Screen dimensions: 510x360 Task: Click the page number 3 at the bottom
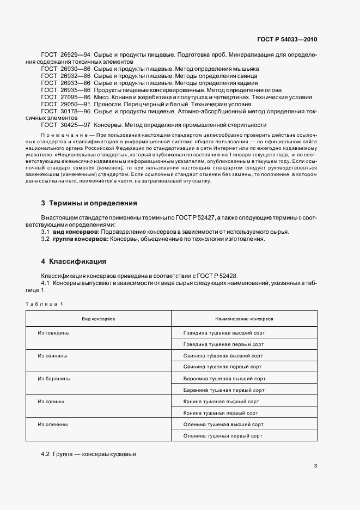click(x=315, y=465)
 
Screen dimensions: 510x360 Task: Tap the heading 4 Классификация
click(x=74, y=261)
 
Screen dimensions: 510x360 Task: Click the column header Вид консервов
click(x=98, y=318)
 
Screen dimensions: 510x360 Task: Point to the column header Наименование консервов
click(x=244, y=318)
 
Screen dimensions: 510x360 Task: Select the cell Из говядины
click(x=53, y=332)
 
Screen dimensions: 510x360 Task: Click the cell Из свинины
click(x=52, y=355)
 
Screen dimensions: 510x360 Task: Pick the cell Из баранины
click(x=54, y=378)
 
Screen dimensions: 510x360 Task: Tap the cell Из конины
click(x=51, y=401)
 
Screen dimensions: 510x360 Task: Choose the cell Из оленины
click(x=53, y=424)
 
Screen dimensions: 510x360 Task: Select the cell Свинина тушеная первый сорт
click(x=222, y=367)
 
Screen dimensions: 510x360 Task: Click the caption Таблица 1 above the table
click(x=44, y=303)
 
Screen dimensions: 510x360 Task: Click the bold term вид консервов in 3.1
click(x=76, y=232)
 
